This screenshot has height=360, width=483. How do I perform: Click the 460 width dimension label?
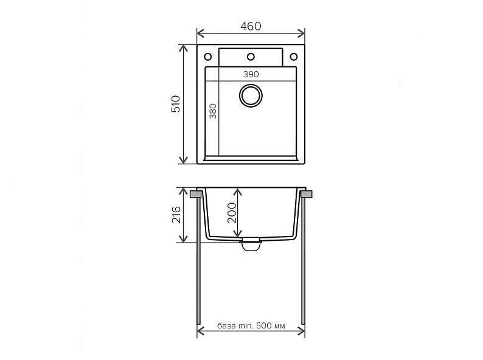click(251, 27)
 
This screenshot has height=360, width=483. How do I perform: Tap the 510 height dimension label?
click(176, 104)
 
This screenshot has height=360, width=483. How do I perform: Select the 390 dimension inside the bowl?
click(251, 74)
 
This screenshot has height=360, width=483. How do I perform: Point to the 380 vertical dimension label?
click(213, 111)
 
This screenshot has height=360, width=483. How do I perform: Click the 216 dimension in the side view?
click(176, 215)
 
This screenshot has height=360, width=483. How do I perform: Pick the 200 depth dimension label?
click(231, 212)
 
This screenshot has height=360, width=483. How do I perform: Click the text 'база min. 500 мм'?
click(251, 325)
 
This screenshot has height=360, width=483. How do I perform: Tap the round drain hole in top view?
click(251, 95)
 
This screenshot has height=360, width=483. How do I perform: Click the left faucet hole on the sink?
click(208, 57)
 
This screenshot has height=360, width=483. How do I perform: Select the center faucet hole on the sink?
click(251, 57)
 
